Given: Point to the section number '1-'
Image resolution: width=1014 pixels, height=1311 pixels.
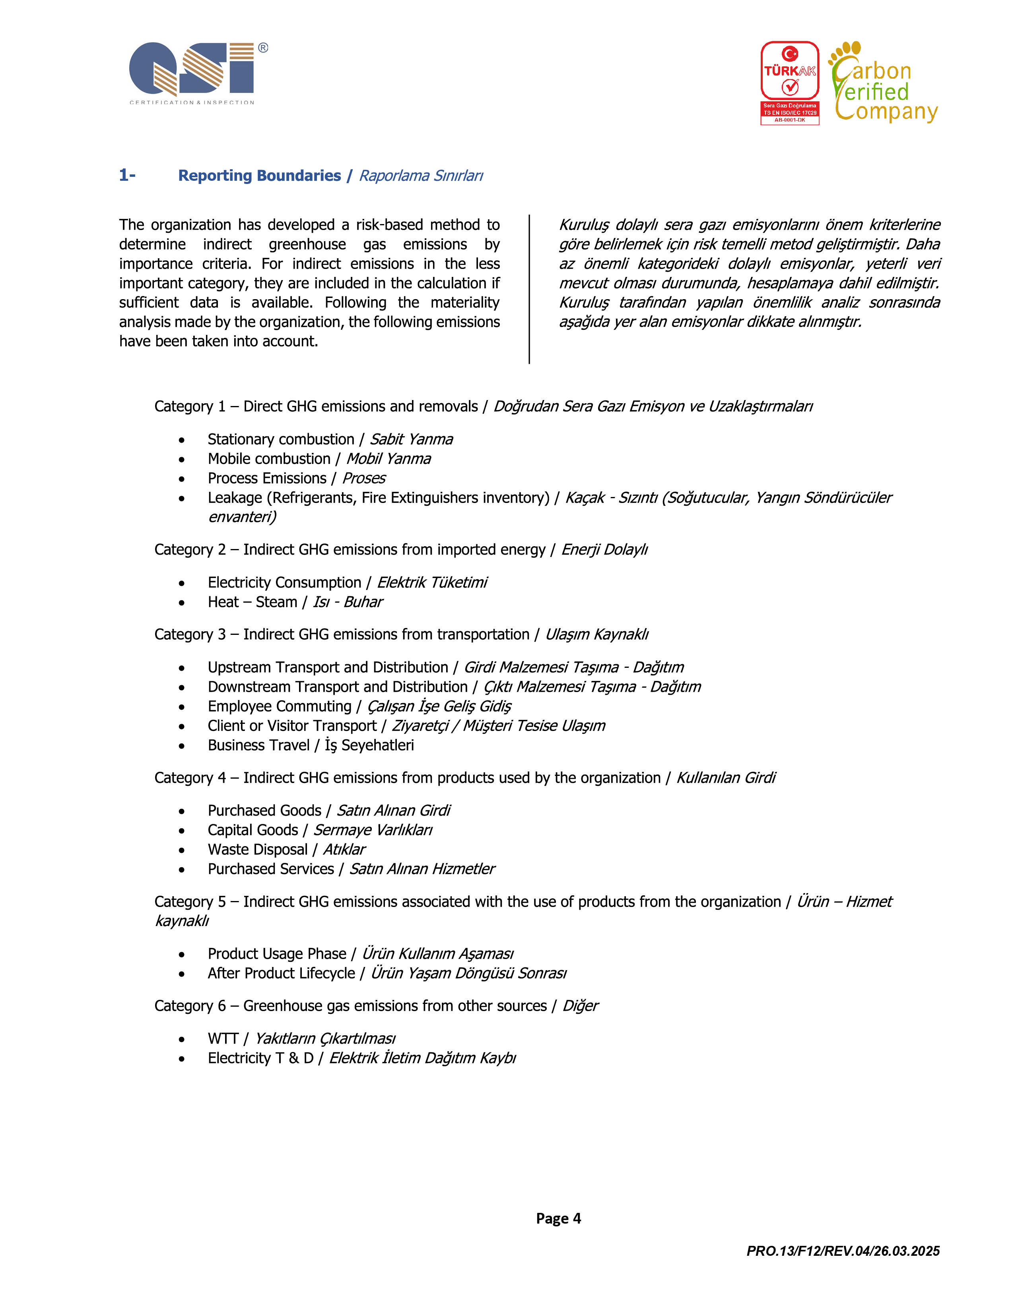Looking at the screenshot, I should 127,175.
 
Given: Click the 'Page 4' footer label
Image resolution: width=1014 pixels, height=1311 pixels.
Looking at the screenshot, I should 558,1218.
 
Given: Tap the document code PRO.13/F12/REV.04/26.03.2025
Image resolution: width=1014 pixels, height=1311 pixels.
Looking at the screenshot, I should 843,1251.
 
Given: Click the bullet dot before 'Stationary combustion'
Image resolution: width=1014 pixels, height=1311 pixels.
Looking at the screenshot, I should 181,440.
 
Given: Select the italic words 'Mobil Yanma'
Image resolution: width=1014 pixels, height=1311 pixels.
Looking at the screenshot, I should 388,458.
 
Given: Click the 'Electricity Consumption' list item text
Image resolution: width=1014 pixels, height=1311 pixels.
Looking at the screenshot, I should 284,582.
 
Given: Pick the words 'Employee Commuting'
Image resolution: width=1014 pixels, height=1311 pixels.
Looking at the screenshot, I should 279,706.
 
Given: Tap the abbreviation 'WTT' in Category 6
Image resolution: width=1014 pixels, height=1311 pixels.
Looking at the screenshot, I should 223,1038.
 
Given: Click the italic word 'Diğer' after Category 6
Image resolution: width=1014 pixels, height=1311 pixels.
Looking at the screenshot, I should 580,1005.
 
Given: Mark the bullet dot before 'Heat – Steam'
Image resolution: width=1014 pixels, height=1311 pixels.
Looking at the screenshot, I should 181,603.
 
